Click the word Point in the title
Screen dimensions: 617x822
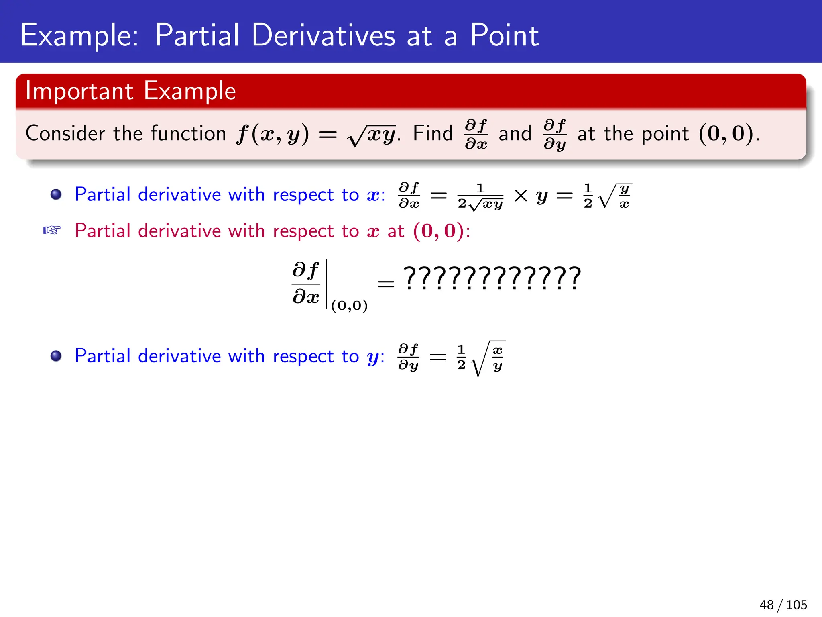[504, 35]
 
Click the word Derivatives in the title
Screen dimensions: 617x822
[323, 35]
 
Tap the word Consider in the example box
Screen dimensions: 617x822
[65, 133]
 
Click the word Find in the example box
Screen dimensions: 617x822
[433, 133]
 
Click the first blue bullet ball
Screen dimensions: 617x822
[56, 195]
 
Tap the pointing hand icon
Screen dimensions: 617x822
[52, 230]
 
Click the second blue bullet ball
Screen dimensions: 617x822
[56, 356]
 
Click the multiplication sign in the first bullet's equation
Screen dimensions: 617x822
[521, 196]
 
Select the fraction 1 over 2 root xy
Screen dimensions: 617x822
[480, 196]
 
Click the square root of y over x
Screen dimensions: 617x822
[615, 196]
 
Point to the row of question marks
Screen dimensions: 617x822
[492, 278]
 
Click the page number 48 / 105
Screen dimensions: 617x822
[783, 605]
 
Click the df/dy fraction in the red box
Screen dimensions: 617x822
[554, 134]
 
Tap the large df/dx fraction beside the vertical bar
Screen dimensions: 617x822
[306, 283]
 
